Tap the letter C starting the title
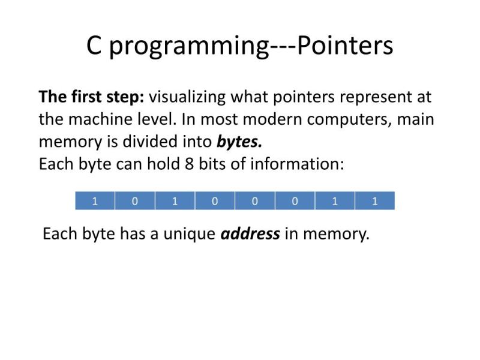click(x=94, y=46)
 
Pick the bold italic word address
click(x=250, y=233)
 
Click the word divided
click(x=148, y=142)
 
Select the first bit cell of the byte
click(x=95, y=201)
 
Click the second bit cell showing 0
click(x=135, y=201)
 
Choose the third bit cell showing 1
click(x=175, y=201)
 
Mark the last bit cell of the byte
click(x=375, y=201)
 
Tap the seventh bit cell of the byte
click(x=335, y=201)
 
